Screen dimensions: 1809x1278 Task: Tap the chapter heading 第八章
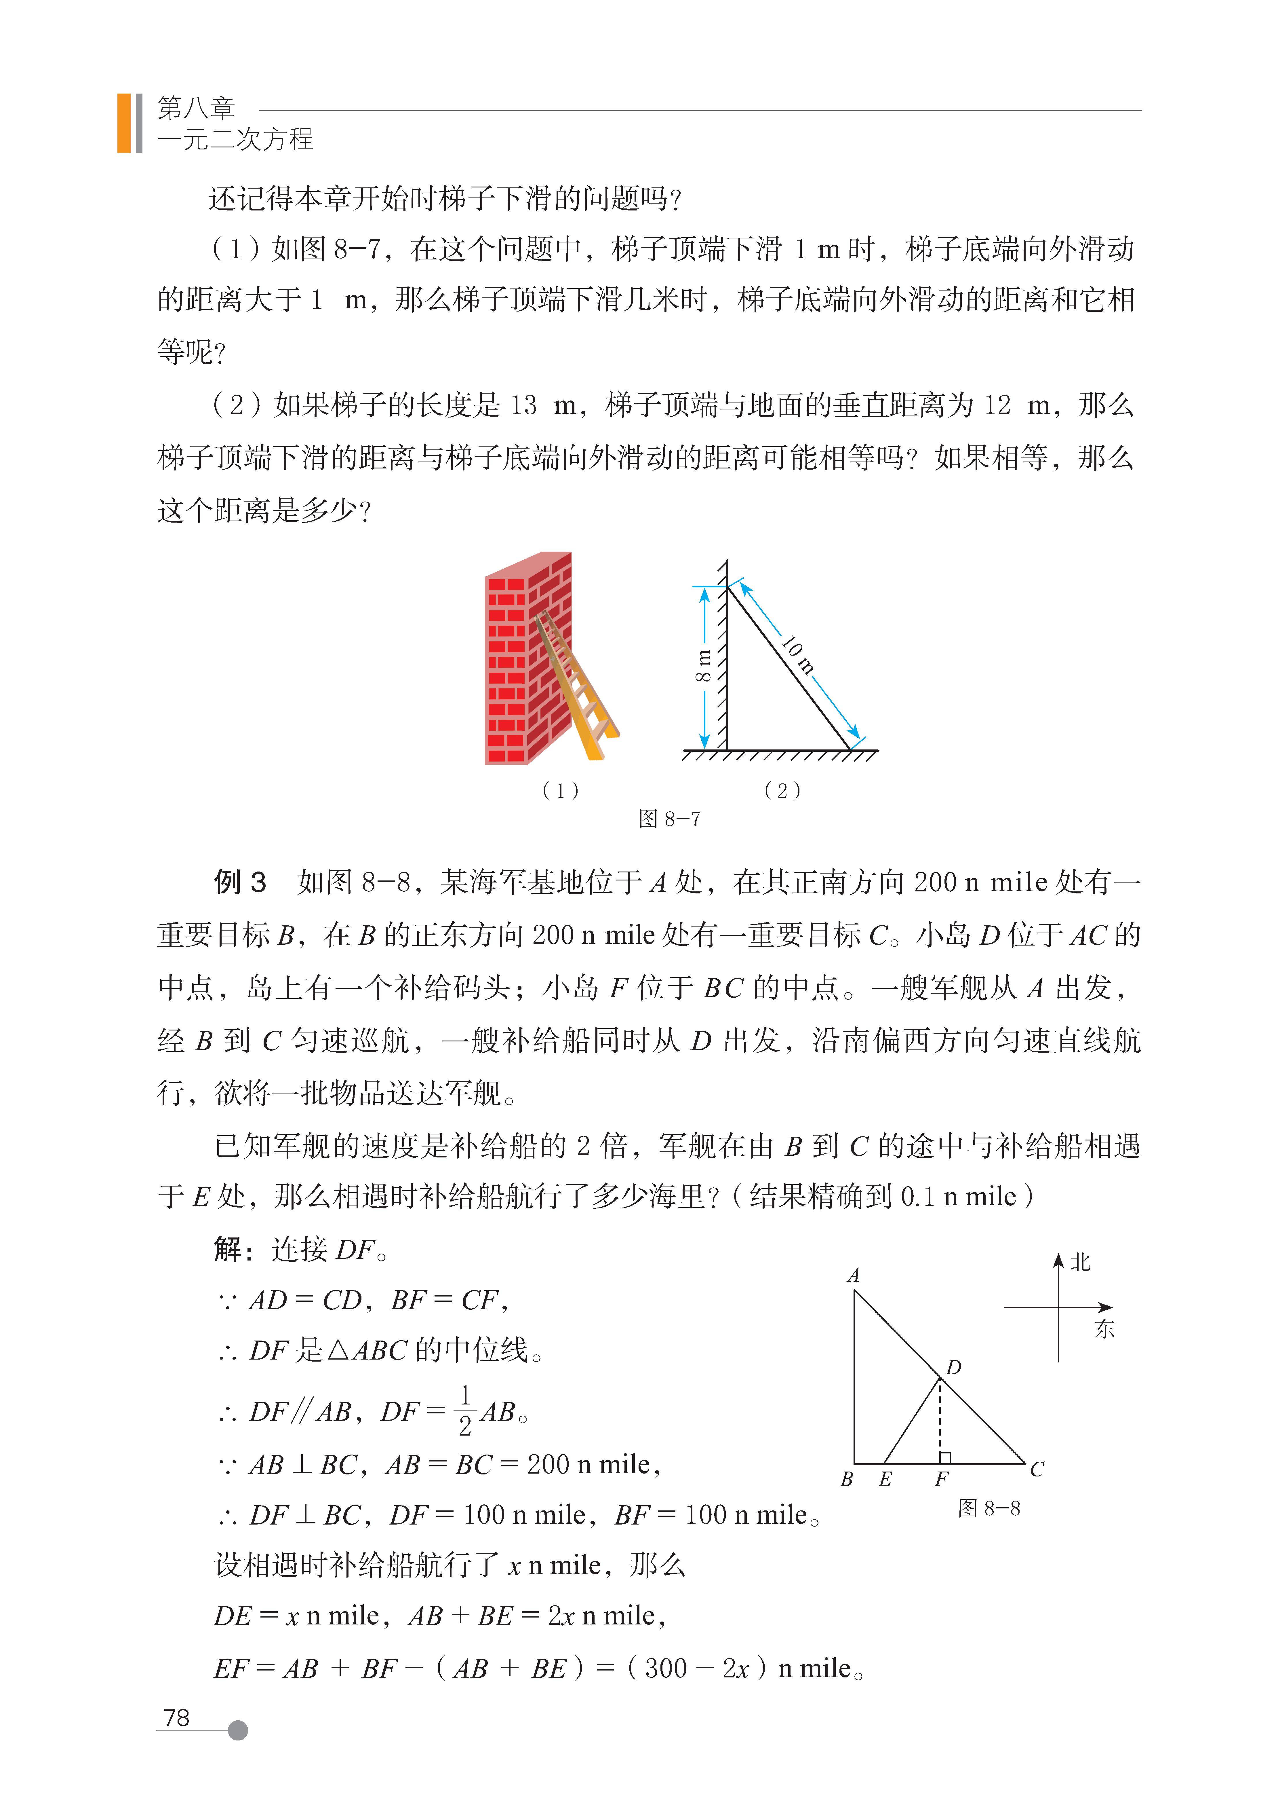(x=196, y=108)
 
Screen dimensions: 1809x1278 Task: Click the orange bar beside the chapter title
(x=124, y=123)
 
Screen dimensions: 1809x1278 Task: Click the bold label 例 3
(x=240, y=882)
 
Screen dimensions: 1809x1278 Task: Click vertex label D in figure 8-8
(x=954, y=1367)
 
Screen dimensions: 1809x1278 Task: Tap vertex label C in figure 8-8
(x=1037, y=1470)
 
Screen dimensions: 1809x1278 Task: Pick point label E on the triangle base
(x=885, y=1480)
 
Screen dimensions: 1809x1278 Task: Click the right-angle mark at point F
(x=945, y=1458)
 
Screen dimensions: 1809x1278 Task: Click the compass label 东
(x=1104, y=1329)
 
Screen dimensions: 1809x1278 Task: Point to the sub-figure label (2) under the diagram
(x=782, y=790)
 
